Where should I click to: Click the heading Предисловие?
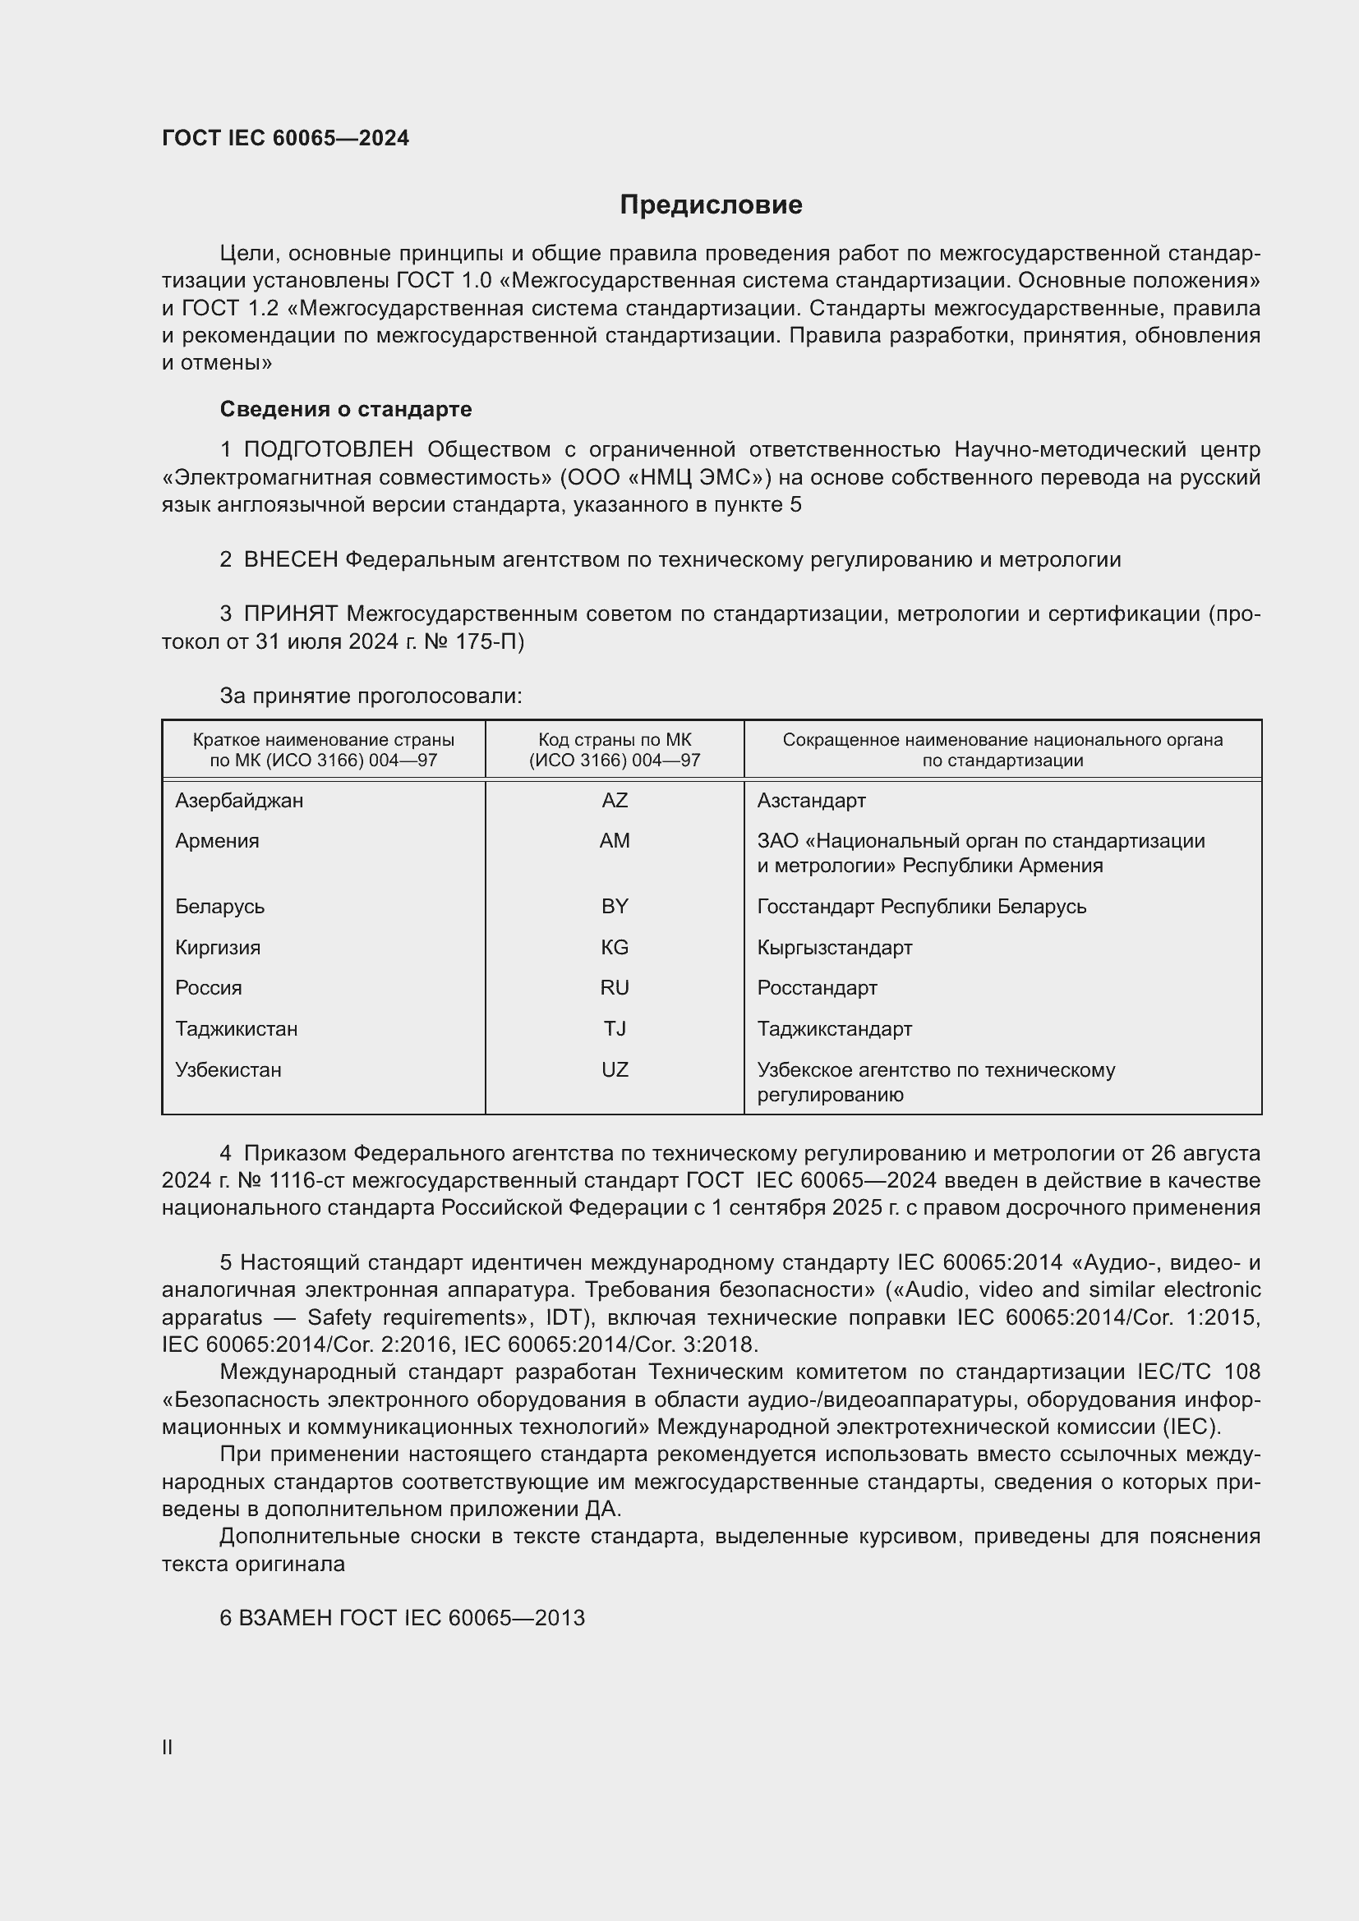click(711, 205)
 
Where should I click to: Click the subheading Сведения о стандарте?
click(346, 409)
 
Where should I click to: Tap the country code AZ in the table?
click(615, 801)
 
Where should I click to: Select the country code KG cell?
click(615, 947)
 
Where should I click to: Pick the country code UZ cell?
click(615, 1069)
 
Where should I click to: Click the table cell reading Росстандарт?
click(817, 988)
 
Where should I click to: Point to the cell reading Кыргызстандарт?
click(834, 947)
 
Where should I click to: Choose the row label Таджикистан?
click(236, 1028)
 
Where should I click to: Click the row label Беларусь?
click(219, 906)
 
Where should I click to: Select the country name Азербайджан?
click(239, 801)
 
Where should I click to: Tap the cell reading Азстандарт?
click(811, 801)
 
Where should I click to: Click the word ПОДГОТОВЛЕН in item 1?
click(328, 450)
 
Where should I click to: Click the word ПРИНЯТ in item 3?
click(290, 614)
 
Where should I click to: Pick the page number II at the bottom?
click(168, 1747)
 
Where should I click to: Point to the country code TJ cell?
click(615, 1028)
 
